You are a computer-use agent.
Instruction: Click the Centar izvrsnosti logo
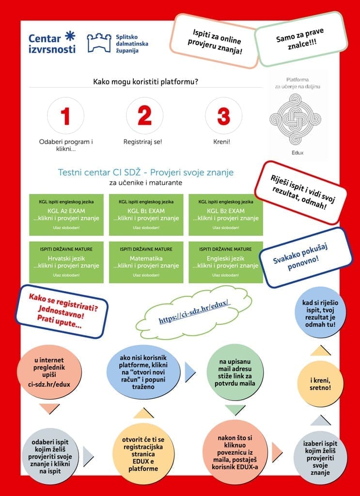52,43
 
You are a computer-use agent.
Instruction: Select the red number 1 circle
66,116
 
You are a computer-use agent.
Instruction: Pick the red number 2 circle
144,116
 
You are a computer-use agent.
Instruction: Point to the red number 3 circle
223,116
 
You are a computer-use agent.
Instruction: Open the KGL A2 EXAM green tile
66,214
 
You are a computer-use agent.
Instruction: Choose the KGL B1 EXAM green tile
146,214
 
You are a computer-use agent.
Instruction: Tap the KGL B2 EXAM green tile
226,214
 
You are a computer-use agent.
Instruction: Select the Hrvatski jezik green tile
66,262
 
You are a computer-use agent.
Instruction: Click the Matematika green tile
146,262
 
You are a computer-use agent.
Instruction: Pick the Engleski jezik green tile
226,262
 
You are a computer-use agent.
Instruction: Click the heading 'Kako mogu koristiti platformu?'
145,82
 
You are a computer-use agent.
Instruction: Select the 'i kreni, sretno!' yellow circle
320,384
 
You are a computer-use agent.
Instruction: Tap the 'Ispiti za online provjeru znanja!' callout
214,41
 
